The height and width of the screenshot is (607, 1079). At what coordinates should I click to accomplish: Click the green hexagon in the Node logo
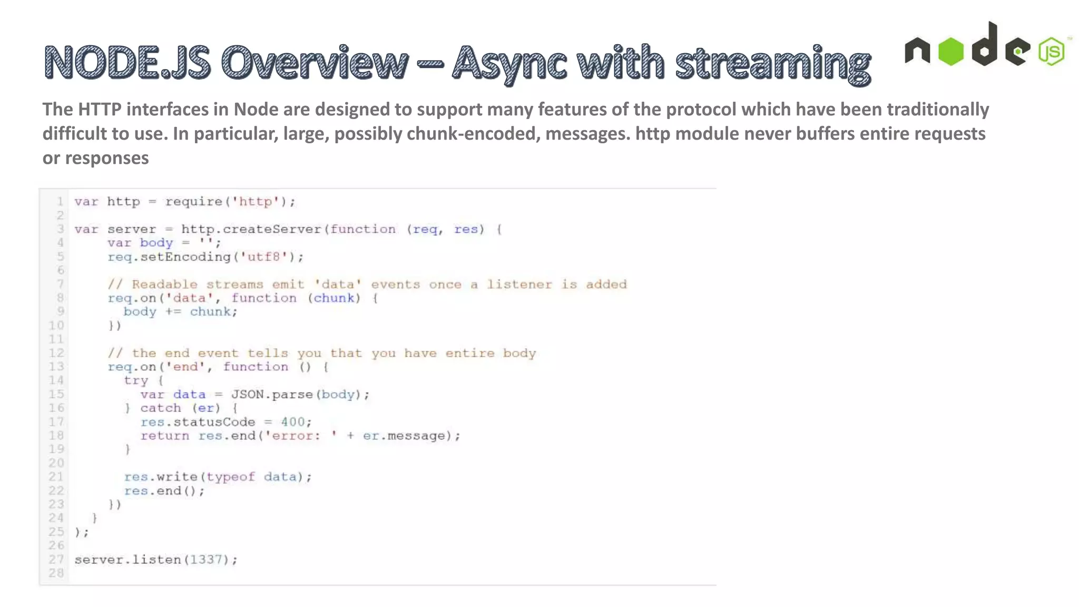951,52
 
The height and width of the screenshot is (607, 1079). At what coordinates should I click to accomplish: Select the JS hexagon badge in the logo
1052,52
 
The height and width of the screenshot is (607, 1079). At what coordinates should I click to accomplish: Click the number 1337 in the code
206,560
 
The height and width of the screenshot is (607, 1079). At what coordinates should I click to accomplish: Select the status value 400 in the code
292,422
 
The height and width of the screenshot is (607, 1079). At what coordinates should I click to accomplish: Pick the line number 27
56,560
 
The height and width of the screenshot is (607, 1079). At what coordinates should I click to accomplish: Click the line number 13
56,367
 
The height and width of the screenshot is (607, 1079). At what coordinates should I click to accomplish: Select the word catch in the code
161,408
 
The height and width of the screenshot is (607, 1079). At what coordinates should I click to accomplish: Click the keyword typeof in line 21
230,477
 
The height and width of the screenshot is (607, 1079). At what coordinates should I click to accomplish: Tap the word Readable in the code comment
164,285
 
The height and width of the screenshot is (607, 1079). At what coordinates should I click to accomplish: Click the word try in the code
136,380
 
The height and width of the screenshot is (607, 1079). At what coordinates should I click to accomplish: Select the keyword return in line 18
164,436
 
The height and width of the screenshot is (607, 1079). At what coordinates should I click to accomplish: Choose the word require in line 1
193,202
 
